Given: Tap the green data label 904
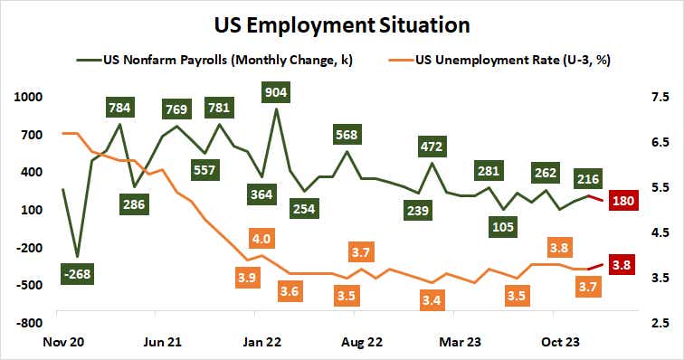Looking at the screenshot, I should [276, 91].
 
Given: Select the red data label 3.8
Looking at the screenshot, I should [622, 265].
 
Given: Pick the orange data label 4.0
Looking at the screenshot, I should [261, 240].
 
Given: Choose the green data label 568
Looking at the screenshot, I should [347, 135].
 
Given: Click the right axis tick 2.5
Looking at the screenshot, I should [658, 322].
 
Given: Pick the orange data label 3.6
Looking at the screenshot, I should [290, 292].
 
